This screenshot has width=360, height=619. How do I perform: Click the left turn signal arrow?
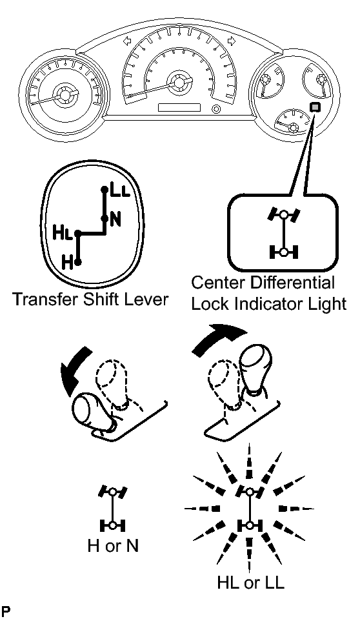[128, 41]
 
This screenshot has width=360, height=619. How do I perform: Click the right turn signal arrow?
[232, 41]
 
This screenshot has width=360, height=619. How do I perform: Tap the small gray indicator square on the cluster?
[315, 107]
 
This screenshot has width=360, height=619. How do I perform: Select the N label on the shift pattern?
[115, 219]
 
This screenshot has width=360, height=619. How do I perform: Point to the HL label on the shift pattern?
[63, 233]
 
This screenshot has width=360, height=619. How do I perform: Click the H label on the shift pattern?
[68, 263]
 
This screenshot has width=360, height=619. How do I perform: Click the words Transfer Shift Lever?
[90, 299]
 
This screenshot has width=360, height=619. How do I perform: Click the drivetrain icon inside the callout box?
[284, 233]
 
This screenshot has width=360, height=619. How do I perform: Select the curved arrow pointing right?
[219, 338]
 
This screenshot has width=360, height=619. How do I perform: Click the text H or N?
[113, 546]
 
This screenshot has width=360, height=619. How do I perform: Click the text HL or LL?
[250, 583]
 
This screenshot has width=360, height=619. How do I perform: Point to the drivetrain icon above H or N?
[113, 509]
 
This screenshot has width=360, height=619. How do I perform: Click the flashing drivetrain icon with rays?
[250, 509]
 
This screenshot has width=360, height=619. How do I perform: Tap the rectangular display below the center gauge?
[179, 107]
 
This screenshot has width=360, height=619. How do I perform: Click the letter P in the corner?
[5, 611]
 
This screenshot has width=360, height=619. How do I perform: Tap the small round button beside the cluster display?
[215, 108]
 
